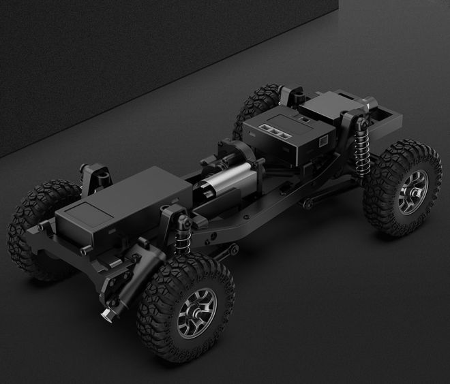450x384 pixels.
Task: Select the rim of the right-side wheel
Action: [x=412, y=192]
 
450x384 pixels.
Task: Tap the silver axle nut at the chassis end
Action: [x=108, y=315]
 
